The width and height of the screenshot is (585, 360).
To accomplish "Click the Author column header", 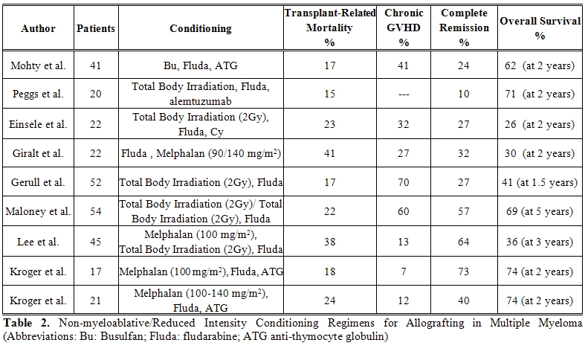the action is point(38,28).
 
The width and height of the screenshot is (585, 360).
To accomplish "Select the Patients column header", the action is point(96,28).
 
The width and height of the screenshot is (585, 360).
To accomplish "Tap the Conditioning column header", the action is point(201,28).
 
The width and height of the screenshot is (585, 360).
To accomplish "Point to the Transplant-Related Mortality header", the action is point(330,28).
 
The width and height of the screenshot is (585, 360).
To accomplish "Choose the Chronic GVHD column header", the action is point(404,28).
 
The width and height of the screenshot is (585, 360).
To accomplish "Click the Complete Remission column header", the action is point(464,28).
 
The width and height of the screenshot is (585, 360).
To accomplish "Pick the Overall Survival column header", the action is point(540,28).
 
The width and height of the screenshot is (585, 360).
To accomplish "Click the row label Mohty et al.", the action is point(38,65).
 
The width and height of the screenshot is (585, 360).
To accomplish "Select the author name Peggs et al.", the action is point(38,94).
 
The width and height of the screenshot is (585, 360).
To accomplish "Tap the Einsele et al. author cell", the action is point(38,124).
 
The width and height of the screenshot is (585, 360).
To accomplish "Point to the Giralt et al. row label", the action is point(38,153).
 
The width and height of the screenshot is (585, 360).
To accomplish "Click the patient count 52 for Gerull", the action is point(96,182).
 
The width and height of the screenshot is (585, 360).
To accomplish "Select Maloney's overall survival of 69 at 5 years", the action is point(540,211).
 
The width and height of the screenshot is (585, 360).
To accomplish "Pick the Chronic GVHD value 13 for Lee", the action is point(404,242).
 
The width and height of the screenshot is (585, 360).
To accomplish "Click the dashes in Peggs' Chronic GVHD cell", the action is point(404,94).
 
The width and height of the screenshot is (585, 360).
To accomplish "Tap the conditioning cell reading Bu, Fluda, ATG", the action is point(201,65).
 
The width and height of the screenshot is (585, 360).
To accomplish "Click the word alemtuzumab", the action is point(201,101).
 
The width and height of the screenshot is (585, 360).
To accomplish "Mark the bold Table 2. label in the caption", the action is point(26,323).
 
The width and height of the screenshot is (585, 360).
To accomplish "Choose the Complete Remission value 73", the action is point(464,271).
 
